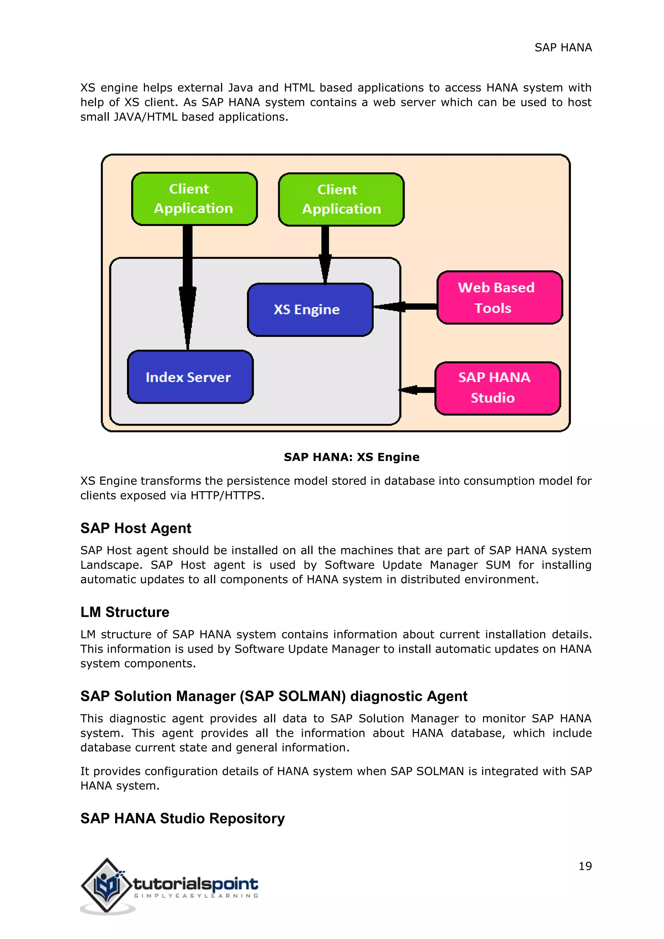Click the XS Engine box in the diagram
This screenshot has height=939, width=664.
(310, 310)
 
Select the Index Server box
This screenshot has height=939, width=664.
(190, 377)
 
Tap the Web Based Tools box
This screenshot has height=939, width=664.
(499, 297)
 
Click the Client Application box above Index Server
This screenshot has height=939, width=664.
(194, 199)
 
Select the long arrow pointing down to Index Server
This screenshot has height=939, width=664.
(187, 286)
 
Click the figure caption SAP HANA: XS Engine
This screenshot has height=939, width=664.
(352, 457)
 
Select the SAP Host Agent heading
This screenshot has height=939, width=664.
(136, 528)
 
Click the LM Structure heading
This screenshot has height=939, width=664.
(125, 612)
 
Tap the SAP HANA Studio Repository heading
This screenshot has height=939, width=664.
(182, 818)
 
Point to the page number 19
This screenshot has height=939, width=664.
(585, 866)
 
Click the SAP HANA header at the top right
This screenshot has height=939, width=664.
(563, 48)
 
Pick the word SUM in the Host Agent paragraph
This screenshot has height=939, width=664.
(498, 565)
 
